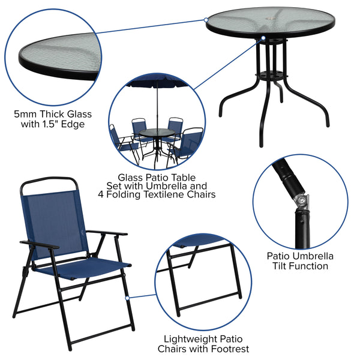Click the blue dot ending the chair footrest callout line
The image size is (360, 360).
click(128, 296)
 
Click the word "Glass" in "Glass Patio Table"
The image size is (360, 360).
click(130, 177)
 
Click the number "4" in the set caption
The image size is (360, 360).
click(101, 194)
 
